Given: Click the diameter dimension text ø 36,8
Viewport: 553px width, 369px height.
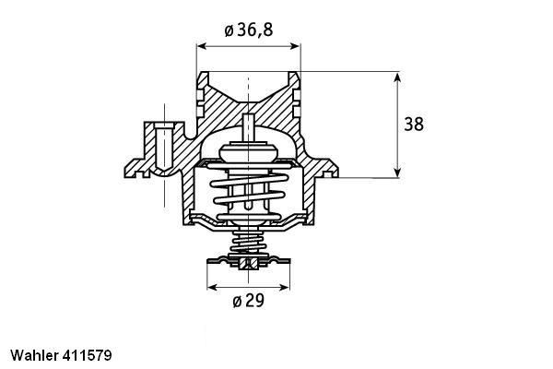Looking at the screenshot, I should coord(248,30).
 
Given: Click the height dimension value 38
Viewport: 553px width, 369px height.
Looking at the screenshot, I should coord(414,124).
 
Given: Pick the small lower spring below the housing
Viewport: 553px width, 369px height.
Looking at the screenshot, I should coord(246,244).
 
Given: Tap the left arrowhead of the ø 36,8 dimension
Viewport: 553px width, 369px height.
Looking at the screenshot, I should coord(201,44).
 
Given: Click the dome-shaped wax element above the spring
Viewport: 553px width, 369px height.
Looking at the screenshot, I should coord(247,148).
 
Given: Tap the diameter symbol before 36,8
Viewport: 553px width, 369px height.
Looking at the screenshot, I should coord(229,30).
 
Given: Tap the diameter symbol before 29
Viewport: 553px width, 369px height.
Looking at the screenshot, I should coord(236,301).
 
